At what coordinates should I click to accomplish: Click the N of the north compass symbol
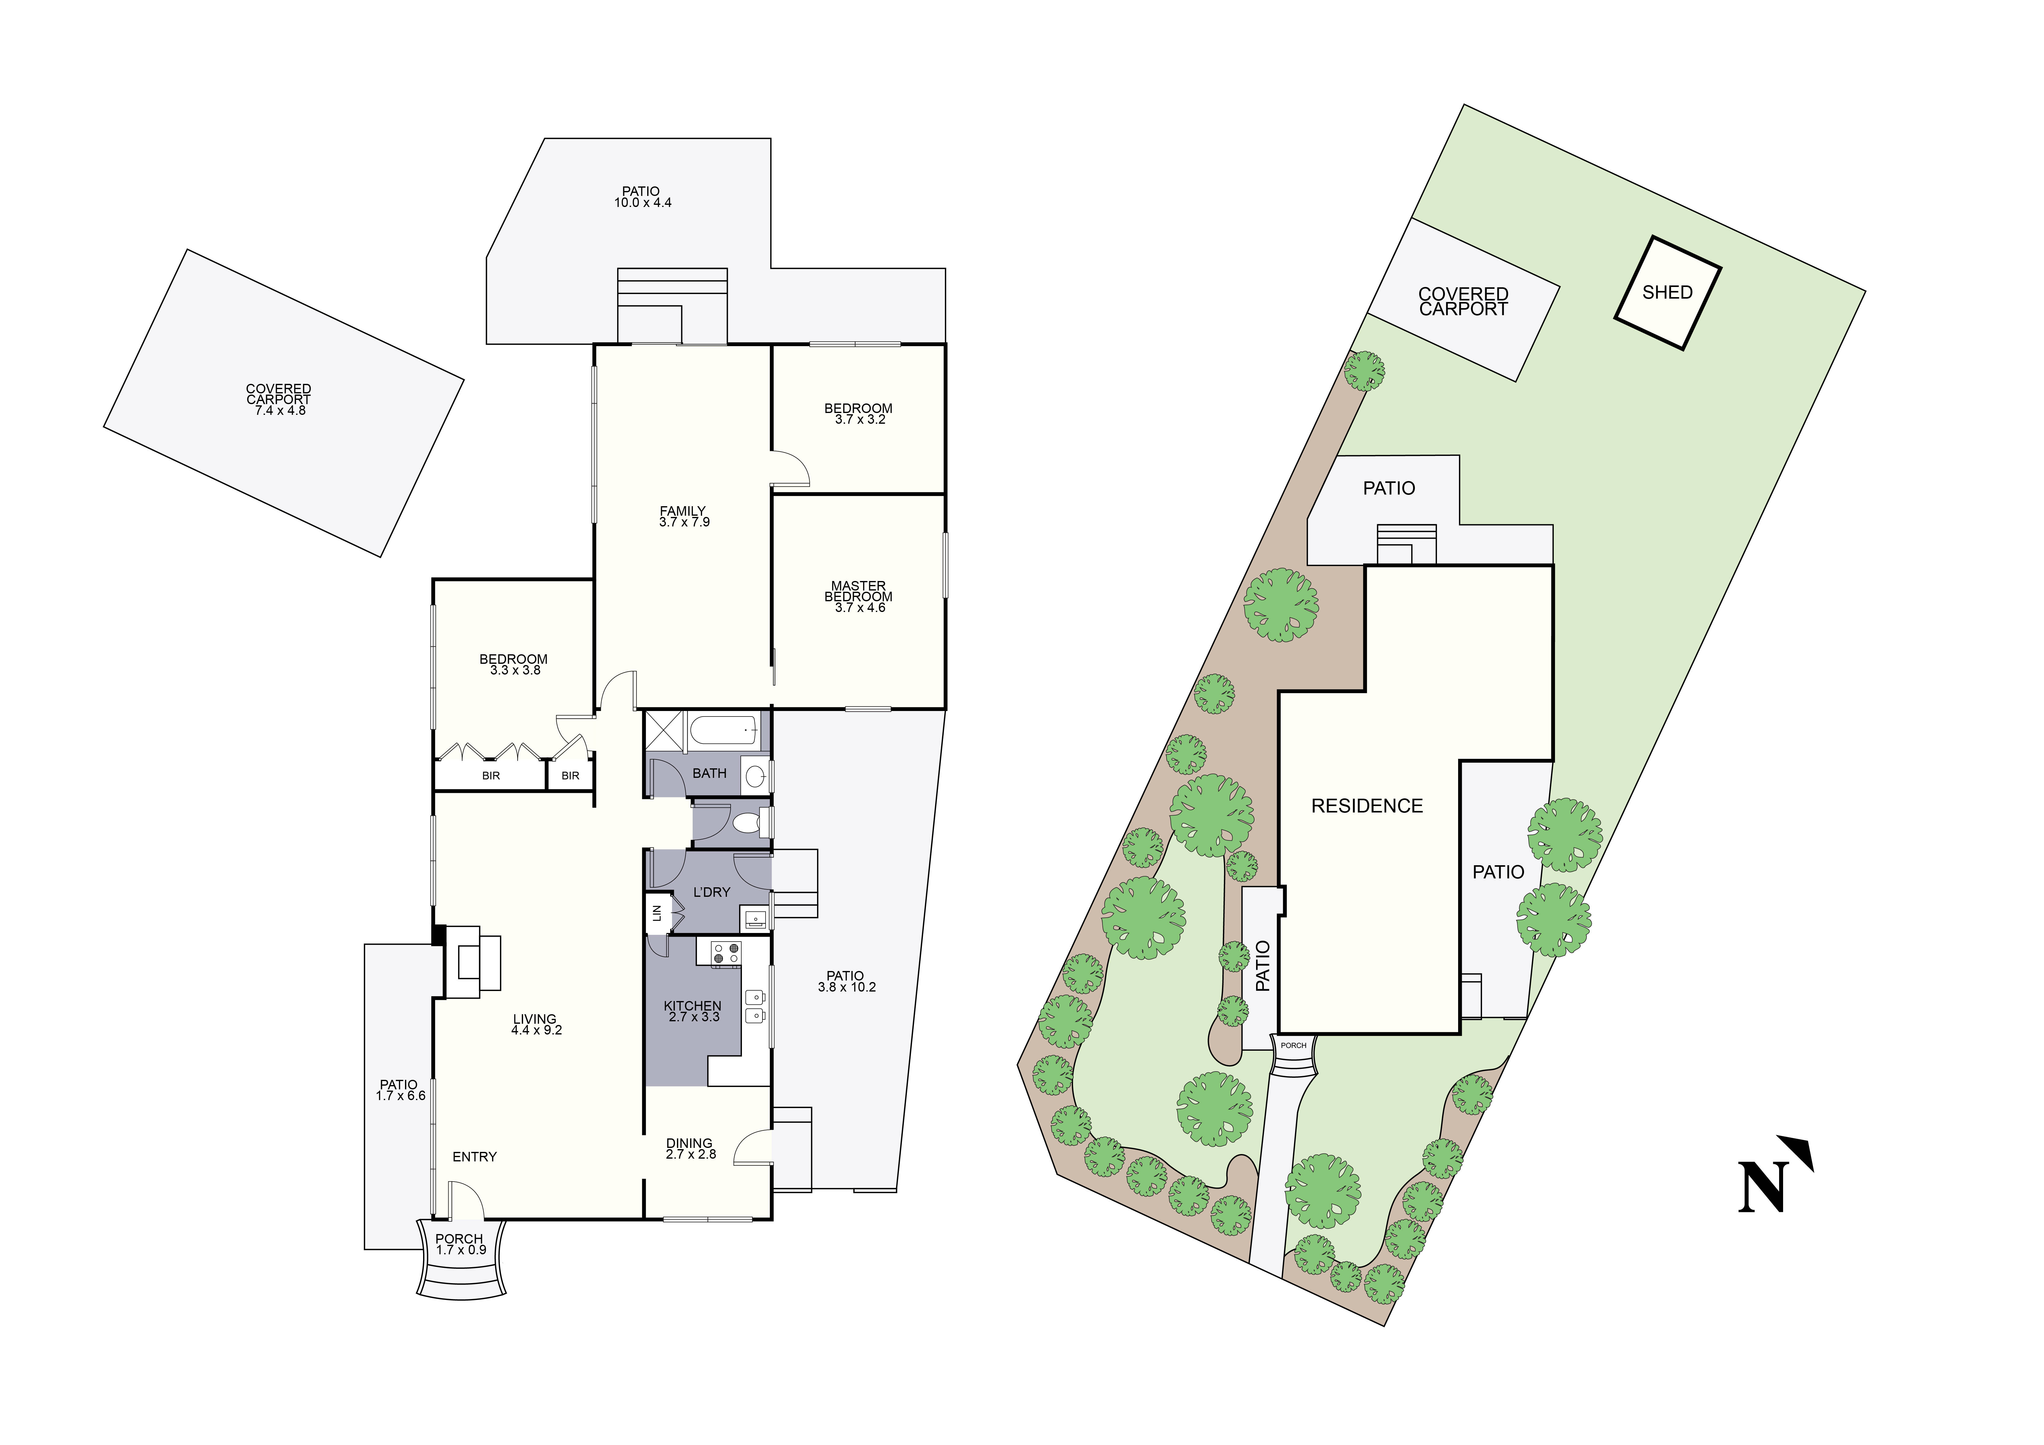1762,1187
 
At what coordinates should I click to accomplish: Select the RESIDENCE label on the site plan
1366,806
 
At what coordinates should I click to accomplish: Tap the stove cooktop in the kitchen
726,953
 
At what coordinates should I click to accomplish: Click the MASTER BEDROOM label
858,591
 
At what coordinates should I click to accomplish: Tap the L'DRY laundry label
711,892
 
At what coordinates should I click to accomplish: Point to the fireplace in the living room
472,961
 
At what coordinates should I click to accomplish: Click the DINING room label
689,1142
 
